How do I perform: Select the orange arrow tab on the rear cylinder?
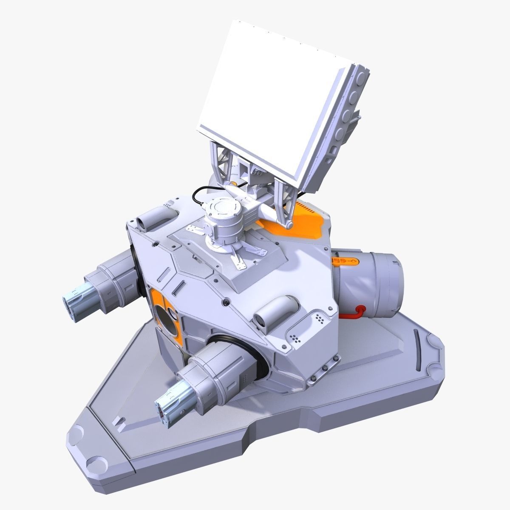[342, 260]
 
